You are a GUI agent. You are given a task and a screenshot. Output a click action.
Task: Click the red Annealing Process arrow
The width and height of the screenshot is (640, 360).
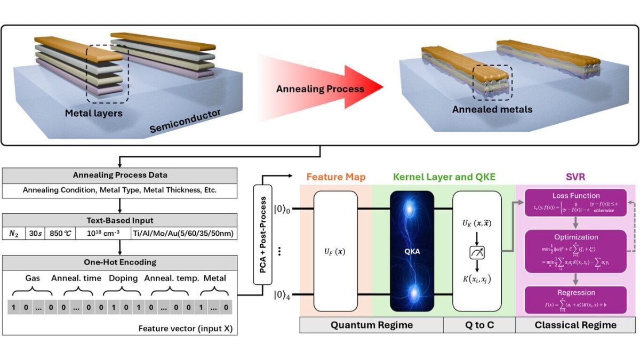point(320,89)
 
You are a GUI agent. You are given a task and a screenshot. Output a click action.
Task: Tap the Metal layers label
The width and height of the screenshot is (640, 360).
point(94,113)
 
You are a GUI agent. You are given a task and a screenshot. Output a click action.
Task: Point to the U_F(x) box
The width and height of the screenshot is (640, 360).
point(335,251)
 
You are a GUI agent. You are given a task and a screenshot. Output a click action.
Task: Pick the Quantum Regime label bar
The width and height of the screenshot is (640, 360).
point(371,325)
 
